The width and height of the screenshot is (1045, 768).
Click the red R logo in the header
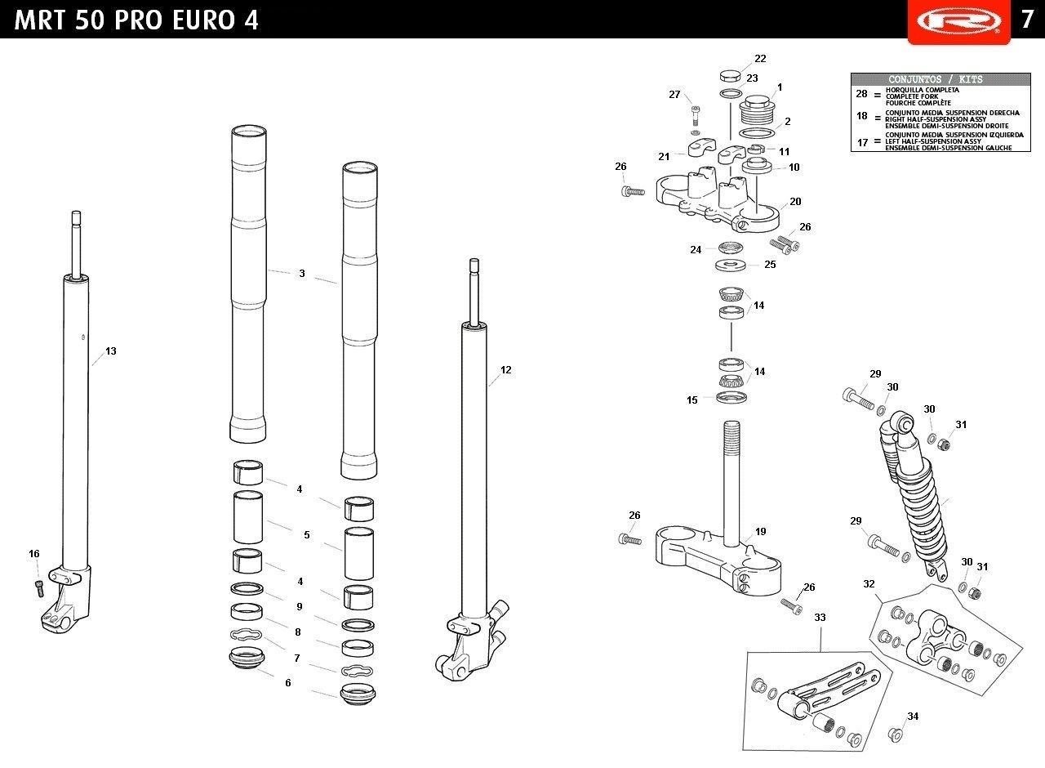(958, 21)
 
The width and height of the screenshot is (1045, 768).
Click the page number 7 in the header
(1026, 20)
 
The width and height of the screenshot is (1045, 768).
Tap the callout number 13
(110, 351)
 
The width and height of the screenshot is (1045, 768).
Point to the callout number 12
(505, 370)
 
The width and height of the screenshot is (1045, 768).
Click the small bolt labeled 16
(39, 588)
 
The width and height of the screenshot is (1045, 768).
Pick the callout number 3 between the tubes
(302, 274)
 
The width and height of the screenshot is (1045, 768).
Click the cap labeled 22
(730, 76)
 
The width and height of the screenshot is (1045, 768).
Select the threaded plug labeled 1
(757, 110)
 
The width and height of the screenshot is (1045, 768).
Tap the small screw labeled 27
(695, 115)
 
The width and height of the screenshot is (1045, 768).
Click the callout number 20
(795, 202)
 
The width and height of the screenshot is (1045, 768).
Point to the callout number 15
(691, 400)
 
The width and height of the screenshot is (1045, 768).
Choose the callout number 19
(760, 531)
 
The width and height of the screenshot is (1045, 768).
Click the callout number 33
(820, 617)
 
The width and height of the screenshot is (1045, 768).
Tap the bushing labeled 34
(896, 735)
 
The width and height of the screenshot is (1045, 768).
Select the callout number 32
(869, 583)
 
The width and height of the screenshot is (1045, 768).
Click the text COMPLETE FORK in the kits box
(912, 96)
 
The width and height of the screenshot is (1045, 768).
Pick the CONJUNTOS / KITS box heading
(936, 79)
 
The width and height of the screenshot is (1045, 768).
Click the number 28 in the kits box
(861, 94)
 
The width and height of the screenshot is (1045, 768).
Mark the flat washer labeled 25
(730, 266)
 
